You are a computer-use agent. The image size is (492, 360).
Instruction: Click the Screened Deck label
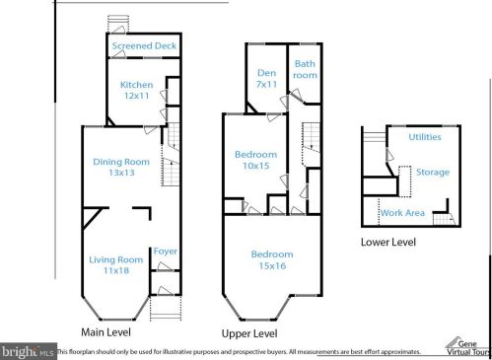pyautogui.click(x=144, y=45)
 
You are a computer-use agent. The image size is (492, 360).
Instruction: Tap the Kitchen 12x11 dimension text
pyautogui.click(x=136, y=96)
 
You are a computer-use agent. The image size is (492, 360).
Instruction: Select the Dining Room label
pyautogui.click(x=121, y=162)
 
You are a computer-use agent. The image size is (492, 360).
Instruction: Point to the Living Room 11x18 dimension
pyautogui.click(x=116, y=270)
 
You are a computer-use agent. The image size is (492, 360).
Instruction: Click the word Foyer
pyautogui.click(x=166, y=252)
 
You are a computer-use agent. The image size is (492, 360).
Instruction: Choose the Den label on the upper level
pyautogui.click(x=266, y=73)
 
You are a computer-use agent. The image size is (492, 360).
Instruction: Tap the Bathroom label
pyautogui.click(x=305, y=69)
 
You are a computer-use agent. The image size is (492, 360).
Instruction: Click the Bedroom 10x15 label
pyautogui.click(x=256, y=160)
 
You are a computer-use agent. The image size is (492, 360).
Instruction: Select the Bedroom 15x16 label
pyautogui.click(x=272, y=260)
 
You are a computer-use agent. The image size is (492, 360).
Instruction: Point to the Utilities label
pyautogui.click(x=425, y=137)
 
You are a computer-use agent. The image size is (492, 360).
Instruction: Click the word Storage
pyautogui.click(x=433, y=173)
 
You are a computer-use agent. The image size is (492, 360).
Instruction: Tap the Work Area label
pyautogui.click(x=402, y=213)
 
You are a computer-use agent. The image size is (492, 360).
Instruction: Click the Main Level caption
pyautogui.click(x=105, y=332)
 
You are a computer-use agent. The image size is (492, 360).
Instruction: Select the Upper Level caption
pyautogui.click(x=249, y=334)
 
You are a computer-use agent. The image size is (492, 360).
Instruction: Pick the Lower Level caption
pyautogui.click(x=388, y=243)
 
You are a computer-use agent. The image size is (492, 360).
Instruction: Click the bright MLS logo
pyautogui.click(x=29, y=352)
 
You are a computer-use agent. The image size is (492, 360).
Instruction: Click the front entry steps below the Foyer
pyautogui.click(x=166, y=308)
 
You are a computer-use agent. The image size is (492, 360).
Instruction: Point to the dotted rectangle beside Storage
pyautogui.click(x=405, y=181)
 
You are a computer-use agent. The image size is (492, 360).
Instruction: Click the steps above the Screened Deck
pyautogui.click(x=118, y=24)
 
